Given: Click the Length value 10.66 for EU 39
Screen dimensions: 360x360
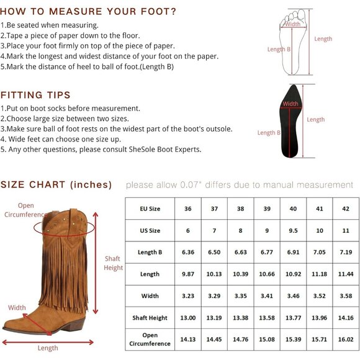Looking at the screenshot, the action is pyautogui.click(x=267, y=274).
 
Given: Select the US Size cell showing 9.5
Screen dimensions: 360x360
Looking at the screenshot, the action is pyautogui.click(x=293, y=230).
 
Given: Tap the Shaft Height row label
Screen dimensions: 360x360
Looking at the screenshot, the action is pyautogui.click(x=150, y=318).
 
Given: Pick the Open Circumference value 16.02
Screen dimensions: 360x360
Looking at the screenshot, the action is pyautogui.click(x=346, y=339).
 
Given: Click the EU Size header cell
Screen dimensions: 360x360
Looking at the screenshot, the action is pyautogui.click(x=150, y=209).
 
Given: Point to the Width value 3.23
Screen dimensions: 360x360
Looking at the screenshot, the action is pyautogui.click(x=188, y=296).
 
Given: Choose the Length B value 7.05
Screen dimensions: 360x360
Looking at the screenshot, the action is pyautogui.click(x=320, y=252).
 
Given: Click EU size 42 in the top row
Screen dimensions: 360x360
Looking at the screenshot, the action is pyautogui.click(x=346, y=209).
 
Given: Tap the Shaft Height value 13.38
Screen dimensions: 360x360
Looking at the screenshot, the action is pyautogui.click(x=241, y=318).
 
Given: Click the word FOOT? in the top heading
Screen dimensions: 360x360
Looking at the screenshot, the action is pyautogui.click(x=158, y=11).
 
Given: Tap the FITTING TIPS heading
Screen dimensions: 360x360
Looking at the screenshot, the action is pyautogui.click(x=35, y=95).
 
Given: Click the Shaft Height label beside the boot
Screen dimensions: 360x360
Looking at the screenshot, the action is pyautogui.click(x=113, y=263).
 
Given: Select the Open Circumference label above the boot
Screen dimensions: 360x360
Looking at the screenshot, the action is pyautogui.click(x=25, y=210).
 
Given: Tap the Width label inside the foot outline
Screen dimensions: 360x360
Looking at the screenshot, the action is pyautogui.click(x=293, y=24).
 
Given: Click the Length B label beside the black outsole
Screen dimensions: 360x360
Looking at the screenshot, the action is pyautogui.click(x=269, y=132).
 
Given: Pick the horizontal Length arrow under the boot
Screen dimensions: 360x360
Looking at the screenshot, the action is pyautogui.click(x=48, y=343).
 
